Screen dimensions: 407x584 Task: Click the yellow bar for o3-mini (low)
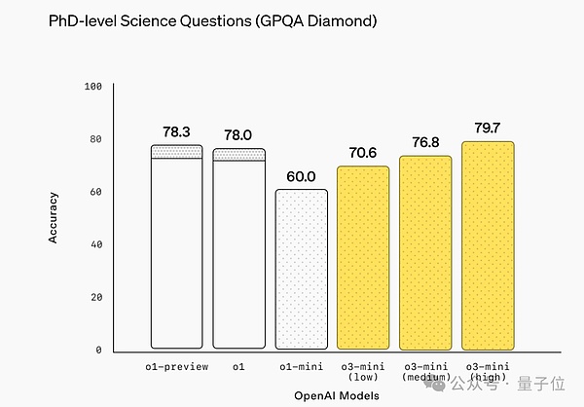(x=363, y=258)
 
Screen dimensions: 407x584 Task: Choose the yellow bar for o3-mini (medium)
(x=425, y=253)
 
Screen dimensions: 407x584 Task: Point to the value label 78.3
(x=176, y=131)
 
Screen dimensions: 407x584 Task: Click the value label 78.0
(x=238, y=134)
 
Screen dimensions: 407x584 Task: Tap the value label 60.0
(x=301, y=176)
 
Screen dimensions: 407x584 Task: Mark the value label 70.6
(x=363, y=152)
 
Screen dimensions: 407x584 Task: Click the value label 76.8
(x=425, y=141)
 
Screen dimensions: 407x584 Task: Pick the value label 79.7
(x=488, y=128)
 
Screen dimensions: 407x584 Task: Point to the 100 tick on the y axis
(x=93, y=87)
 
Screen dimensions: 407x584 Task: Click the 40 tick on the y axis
(x=95, y=244)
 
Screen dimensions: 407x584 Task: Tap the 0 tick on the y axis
(x=98, y=350)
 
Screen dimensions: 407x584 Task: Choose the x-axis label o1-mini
(x=301, y=367)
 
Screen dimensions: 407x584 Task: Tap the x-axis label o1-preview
(x=176, y=367)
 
